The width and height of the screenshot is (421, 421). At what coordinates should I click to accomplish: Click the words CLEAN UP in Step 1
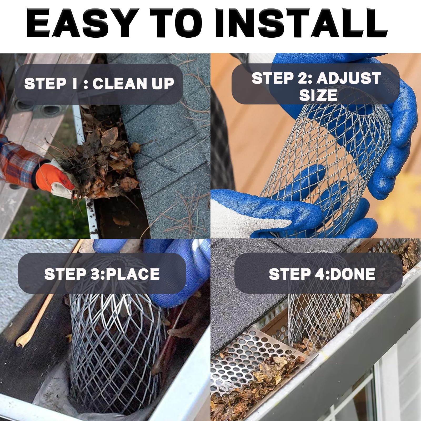point(133,84)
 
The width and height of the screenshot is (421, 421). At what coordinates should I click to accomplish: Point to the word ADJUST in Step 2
point(349,78)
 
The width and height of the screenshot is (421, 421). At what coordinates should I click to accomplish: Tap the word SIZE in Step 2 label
point(318,95)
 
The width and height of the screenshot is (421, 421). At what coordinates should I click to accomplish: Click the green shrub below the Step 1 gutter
point(47,218)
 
